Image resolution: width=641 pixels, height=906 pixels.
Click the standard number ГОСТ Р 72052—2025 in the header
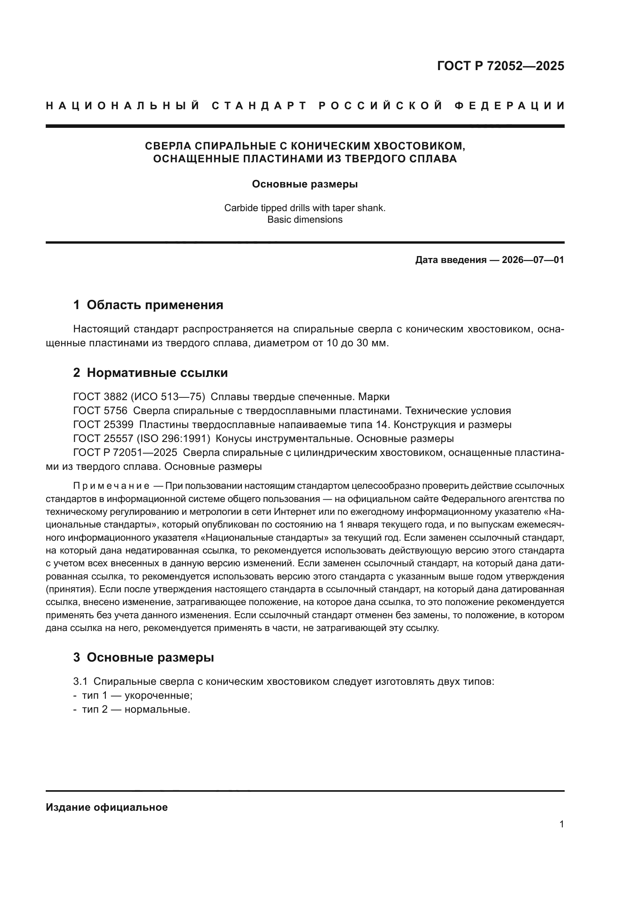coord(500,66)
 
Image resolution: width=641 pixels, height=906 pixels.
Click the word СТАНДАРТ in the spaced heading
coord(259,106)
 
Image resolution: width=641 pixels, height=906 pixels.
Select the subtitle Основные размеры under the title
coord(305,184)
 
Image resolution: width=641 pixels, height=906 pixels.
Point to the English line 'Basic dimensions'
coord(305,219)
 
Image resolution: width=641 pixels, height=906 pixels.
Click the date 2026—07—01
coord(533,260)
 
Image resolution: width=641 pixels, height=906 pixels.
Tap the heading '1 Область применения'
coord(148,304)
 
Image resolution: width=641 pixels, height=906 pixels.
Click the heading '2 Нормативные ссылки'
coord(150,373)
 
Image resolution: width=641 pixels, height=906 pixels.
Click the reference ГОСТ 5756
coord(100,411)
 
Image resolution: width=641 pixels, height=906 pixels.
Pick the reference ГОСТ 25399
coord(103,425)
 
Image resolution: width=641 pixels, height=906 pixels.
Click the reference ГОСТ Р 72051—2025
coord(125,452)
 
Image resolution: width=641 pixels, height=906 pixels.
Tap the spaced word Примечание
coord(111,485)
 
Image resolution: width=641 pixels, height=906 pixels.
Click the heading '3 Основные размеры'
coord(144,657)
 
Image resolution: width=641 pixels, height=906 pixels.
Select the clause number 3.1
coord(80,681)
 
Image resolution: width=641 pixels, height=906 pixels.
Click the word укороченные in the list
coord(157,695)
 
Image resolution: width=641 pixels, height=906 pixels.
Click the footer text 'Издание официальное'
coord(107,807)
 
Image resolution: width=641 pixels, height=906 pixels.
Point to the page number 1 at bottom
coord(562,824)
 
